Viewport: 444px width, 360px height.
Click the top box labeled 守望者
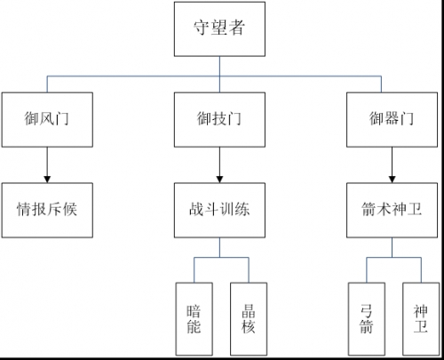coord(219,29)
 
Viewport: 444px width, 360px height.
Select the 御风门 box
coord(47,120)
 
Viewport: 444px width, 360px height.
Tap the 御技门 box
coord(219,120)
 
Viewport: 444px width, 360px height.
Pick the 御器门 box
coord(392,120)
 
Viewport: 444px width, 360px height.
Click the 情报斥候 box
coord(47,210)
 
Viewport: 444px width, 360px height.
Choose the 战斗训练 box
coord(219,210)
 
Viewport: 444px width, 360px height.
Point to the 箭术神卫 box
coord(392,210)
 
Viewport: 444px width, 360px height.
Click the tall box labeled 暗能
coord(194,319)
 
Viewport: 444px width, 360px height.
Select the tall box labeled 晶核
coord(249,319)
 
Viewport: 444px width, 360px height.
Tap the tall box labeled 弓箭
coord(367,319)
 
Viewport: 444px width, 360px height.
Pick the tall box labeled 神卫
coord(421,319)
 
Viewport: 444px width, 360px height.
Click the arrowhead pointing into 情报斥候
coord(47,180)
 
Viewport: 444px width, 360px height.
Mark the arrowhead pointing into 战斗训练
coord(219,180)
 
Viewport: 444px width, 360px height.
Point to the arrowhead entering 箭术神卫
coord(392,180)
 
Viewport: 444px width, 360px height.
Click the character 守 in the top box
coord(202,28)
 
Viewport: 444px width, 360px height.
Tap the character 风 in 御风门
coord(47,118)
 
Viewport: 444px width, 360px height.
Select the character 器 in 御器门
coord(392,118)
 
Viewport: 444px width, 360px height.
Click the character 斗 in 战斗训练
coord(212,209)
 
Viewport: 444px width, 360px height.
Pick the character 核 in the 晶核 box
coord(249,327)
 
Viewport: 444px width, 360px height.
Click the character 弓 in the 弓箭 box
coord(367,311)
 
